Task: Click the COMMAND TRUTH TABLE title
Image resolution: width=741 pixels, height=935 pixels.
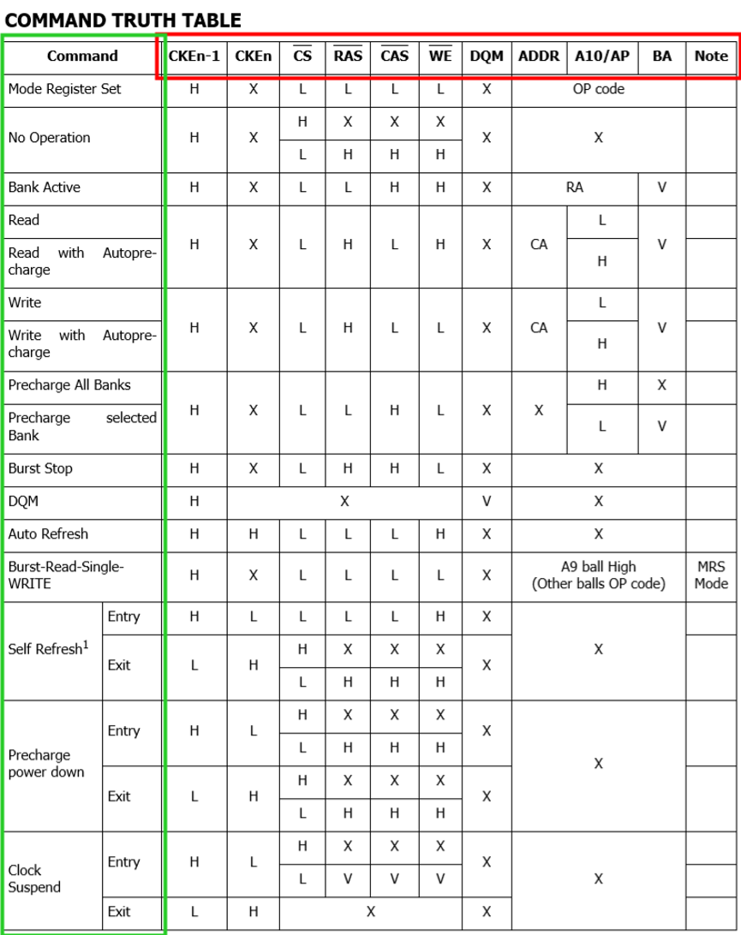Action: click(x=123, y=19)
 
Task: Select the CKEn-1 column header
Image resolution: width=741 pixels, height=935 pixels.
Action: click(x=194, y=57)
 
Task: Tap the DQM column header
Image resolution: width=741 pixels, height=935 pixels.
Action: click(x=486, y=57)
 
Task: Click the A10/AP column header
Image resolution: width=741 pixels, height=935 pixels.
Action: click(x=601, y=57)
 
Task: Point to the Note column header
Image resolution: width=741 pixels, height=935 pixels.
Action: click(x=710, y=57)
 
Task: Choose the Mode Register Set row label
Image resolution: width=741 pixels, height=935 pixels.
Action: click(x=64, y=89)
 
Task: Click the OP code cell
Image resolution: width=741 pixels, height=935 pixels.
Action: click(x=598, y=89)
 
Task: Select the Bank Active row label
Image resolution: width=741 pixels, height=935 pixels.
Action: click(x=44, y=188)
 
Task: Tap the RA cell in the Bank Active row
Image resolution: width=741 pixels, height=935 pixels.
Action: click(x=574, y=188)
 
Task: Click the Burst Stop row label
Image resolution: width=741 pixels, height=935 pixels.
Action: click(x=40, y=468)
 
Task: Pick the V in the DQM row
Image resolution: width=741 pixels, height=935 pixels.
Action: click(x=486, y=502)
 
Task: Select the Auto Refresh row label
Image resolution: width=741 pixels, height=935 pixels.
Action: click(x=48, y=534)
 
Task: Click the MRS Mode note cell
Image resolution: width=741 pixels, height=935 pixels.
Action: click(x=710, y=575)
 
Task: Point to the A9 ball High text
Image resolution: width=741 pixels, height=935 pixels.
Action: click(x=598, y=567)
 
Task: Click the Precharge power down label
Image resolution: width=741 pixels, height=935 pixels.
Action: click(x=46, y=764)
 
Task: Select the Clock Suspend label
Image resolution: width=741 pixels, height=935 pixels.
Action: click(x=34, y=878)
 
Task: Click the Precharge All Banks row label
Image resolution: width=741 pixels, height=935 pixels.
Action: click(x=69, y=385)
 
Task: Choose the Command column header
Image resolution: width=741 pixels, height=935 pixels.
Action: click(x=82, y=57)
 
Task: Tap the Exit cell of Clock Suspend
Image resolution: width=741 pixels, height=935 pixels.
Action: click(x=119, y=912)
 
